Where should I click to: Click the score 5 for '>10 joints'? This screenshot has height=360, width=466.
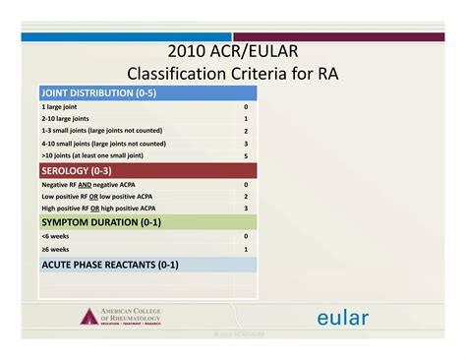tap(246, 155)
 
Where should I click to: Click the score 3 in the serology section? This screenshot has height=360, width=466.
tap(246, 208)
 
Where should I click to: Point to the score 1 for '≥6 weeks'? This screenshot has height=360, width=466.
tap(246, 250)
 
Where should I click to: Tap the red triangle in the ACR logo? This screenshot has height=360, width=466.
tap(89, 317)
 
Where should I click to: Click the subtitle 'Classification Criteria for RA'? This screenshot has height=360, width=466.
tap(233, 74)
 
